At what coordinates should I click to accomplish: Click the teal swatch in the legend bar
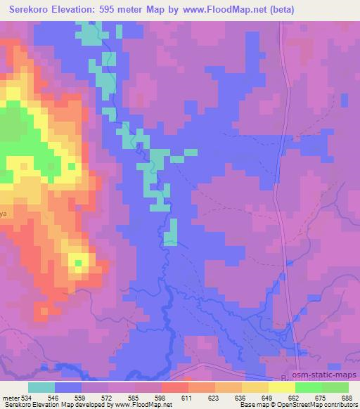coord(41,387)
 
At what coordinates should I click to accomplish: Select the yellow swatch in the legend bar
coord(255,387)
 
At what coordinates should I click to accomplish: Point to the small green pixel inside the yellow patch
coord(78,263)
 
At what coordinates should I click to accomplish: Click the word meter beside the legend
coord(10,397)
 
